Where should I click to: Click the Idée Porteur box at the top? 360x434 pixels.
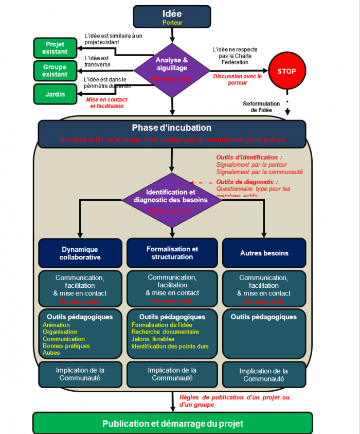172,16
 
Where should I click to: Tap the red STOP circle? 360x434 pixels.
286,71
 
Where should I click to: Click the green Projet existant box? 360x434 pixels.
55,48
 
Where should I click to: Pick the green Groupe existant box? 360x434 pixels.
55,71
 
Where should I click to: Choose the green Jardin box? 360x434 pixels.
55,94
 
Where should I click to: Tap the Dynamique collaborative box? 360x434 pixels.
80,253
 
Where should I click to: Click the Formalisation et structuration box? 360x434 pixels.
172,253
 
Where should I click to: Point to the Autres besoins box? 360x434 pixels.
264,253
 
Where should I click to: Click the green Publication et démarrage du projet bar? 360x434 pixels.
172,423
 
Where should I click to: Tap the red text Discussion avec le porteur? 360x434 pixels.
237,79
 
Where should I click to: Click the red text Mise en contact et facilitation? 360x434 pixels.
106,102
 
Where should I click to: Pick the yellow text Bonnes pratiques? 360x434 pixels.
66,346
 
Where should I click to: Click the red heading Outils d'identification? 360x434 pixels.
249,158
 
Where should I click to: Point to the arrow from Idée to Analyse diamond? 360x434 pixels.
172,34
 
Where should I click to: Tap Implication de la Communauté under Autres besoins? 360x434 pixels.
264,375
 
